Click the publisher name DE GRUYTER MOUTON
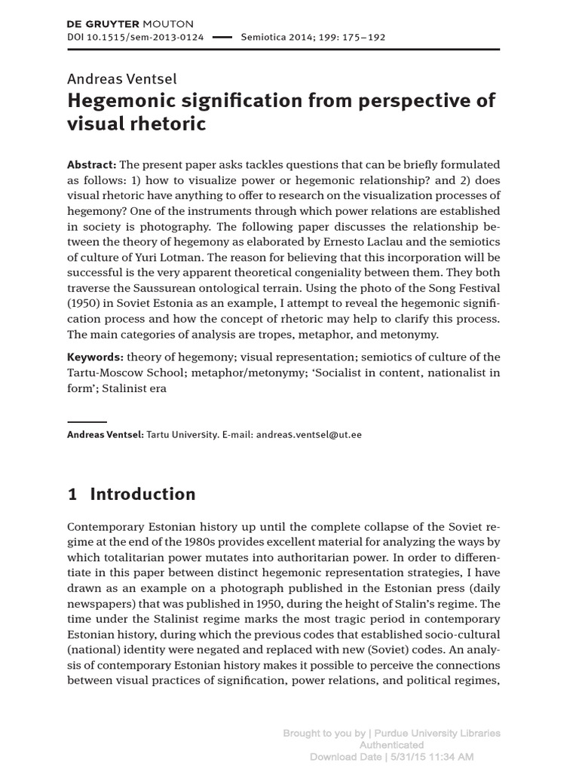130,24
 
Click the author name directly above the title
121,78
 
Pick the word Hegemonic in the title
121,101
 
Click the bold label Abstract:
92,164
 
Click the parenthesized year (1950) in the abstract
83,303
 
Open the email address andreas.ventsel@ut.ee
309,435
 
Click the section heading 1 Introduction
131,495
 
